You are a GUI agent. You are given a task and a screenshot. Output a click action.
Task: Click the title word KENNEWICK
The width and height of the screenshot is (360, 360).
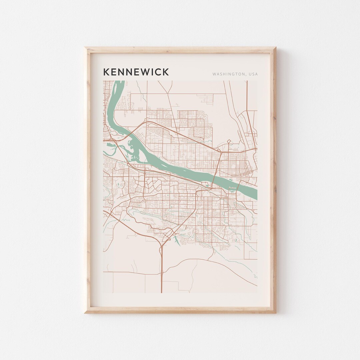[x=136, y=72]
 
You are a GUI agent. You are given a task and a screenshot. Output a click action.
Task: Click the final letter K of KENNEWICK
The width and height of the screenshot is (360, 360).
[x=166, y=72]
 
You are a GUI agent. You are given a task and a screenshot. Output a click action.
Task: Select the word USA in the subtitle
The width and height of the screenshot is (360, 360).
[x=253, y=74]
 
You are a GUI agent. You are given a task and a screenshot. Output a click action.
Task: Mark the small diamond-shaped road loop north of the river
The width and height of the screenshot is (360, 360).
[x=229, y=141]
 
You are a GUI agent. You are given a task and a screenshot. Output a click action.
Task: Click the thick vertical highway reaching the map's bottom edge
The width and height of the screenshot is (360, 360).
[x=162, y=273]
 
